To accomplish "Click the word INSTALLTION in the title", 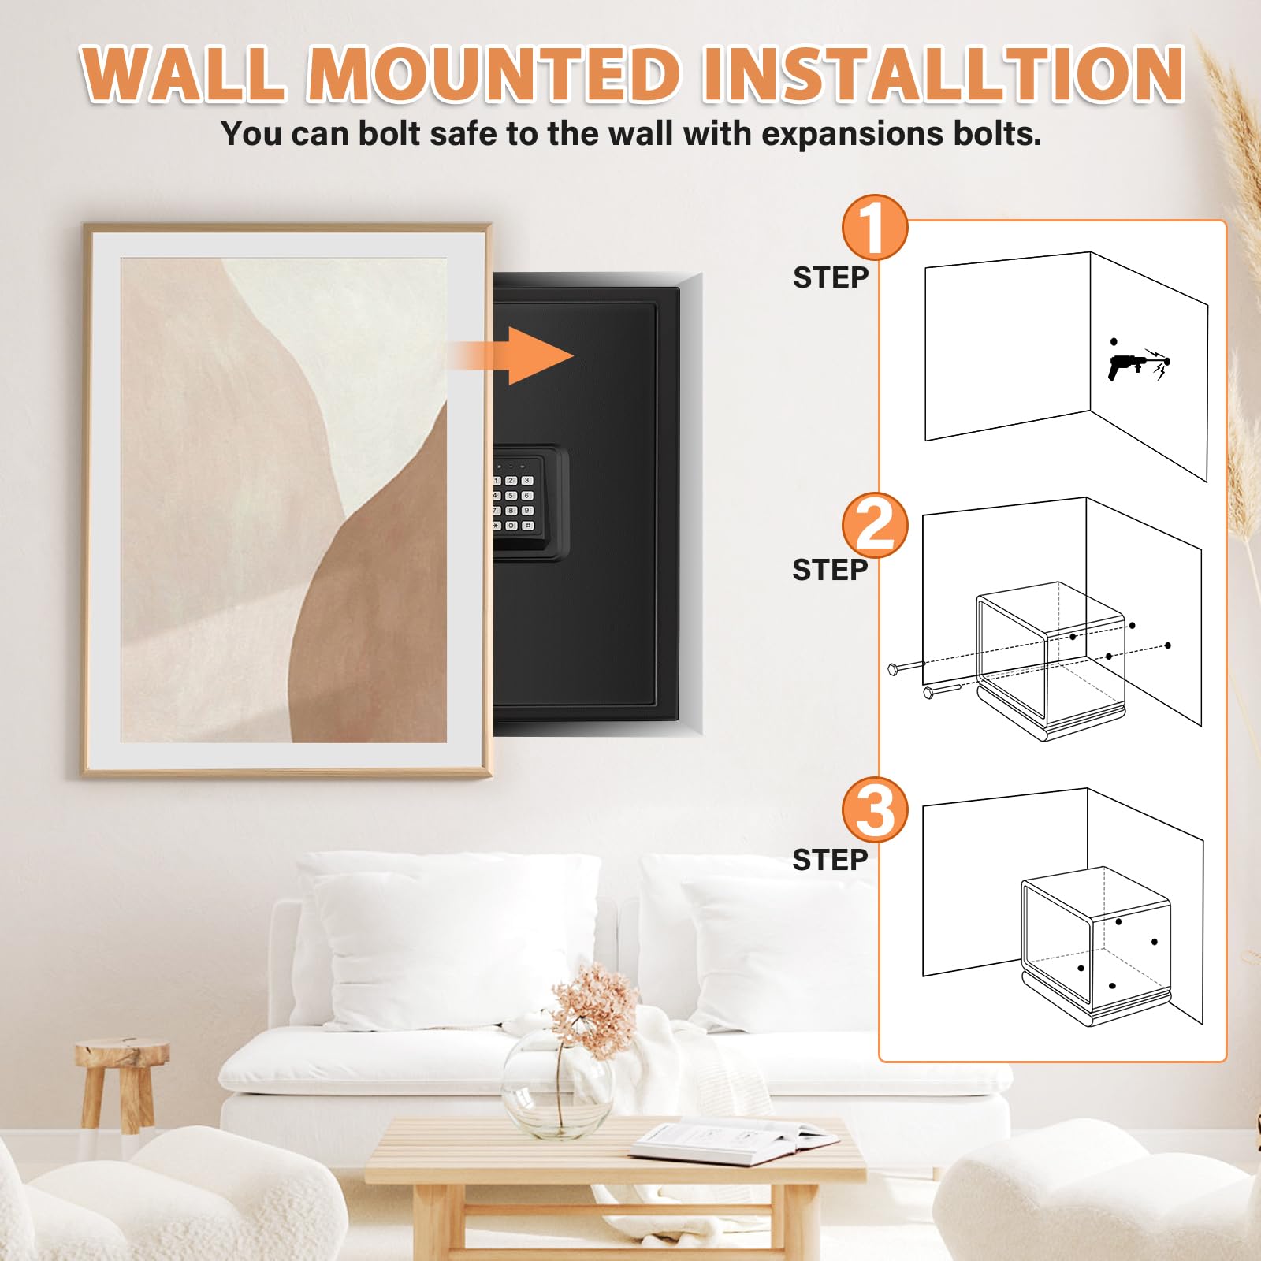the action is (943, 74).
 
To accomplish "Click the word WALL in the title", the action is (183, 74).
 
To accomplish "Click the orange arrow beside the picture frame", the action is (512, 355).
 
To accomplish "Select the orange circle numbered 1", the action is (875, 228).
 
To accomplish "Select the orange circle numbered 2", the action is (875, 526).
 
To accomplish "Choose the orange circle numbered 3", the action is (875, 810).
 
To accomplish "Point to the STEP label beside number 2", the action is (830, 570).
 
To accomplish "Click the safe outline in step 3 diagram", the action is (1095, 946).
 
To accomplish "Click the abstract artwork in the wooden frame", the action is (284, 500).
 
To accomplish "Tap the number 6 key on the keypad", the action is (526, 496).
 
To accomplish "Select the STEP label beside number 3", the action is (830, 860).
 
